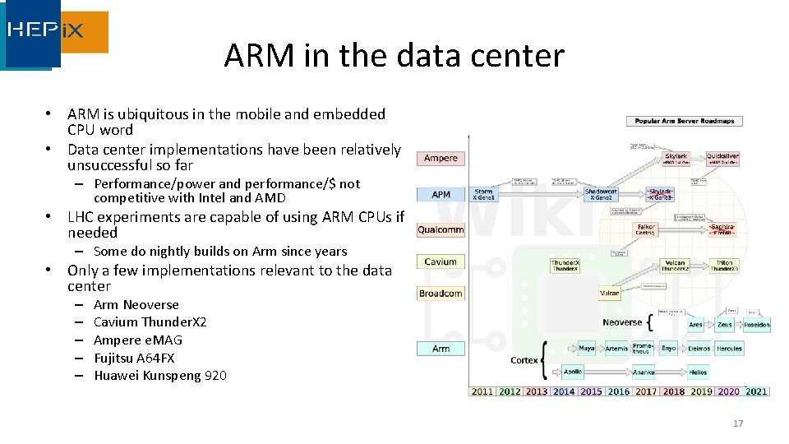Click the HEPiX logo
(55, 34)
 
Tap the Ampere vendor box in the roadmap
(441, 158)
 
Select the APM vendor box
(441, 195)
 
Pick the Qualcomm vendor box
(441, 230)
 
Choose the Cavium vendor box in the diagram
(441, 262)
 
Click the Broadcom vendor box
(441, 294)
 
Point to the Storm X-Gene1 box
(484, 195)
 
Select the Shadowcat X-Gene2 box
(602, 195)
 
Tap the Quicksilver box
(722, 158)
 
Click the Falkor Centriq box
(645, 229)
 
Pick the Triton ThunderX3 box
(724, 266)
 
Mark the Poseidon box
(756, 325)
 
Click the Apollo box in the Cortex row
(573, 372)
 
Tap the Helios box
(698, 372)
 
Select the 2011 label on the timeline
(482, 391)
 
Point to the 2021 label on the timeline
(756, 391)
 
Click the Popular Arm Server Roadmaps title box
(685, 121)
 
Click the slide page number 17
(737, 423)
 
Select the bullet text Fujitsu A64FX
(134, 358)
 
